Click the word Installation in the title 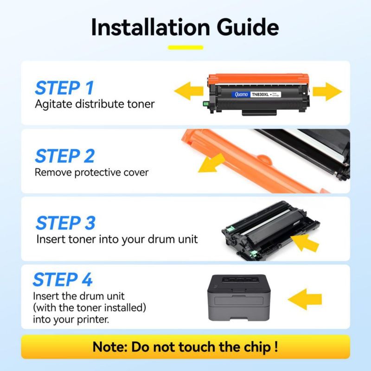tap(150, 27)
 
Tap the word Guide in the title tap(248, 27)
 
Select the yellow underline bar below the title tap(185, 48)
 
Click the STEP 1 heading tap(64, 88)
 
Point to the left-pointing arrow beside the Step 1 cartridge tap(189, 91)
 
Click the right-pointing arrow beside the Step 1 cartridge tap(327, 91)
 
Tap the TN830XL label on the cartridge tap(260, 95)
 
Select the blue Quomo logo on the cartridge tap(241, 95)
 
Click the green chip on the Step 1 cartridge tap(206, 103)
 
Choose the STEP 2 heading tap(65, 156)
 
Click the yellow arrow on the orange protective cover tap(211, 163)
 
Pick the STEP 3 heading tap(65, 223)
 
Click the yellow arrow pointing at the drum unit tap(305, 243)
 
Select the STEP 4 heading tap(63, 280)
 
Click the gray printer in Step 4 tap(239, 298)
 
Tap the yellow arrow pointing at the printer tap(305, 299)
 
